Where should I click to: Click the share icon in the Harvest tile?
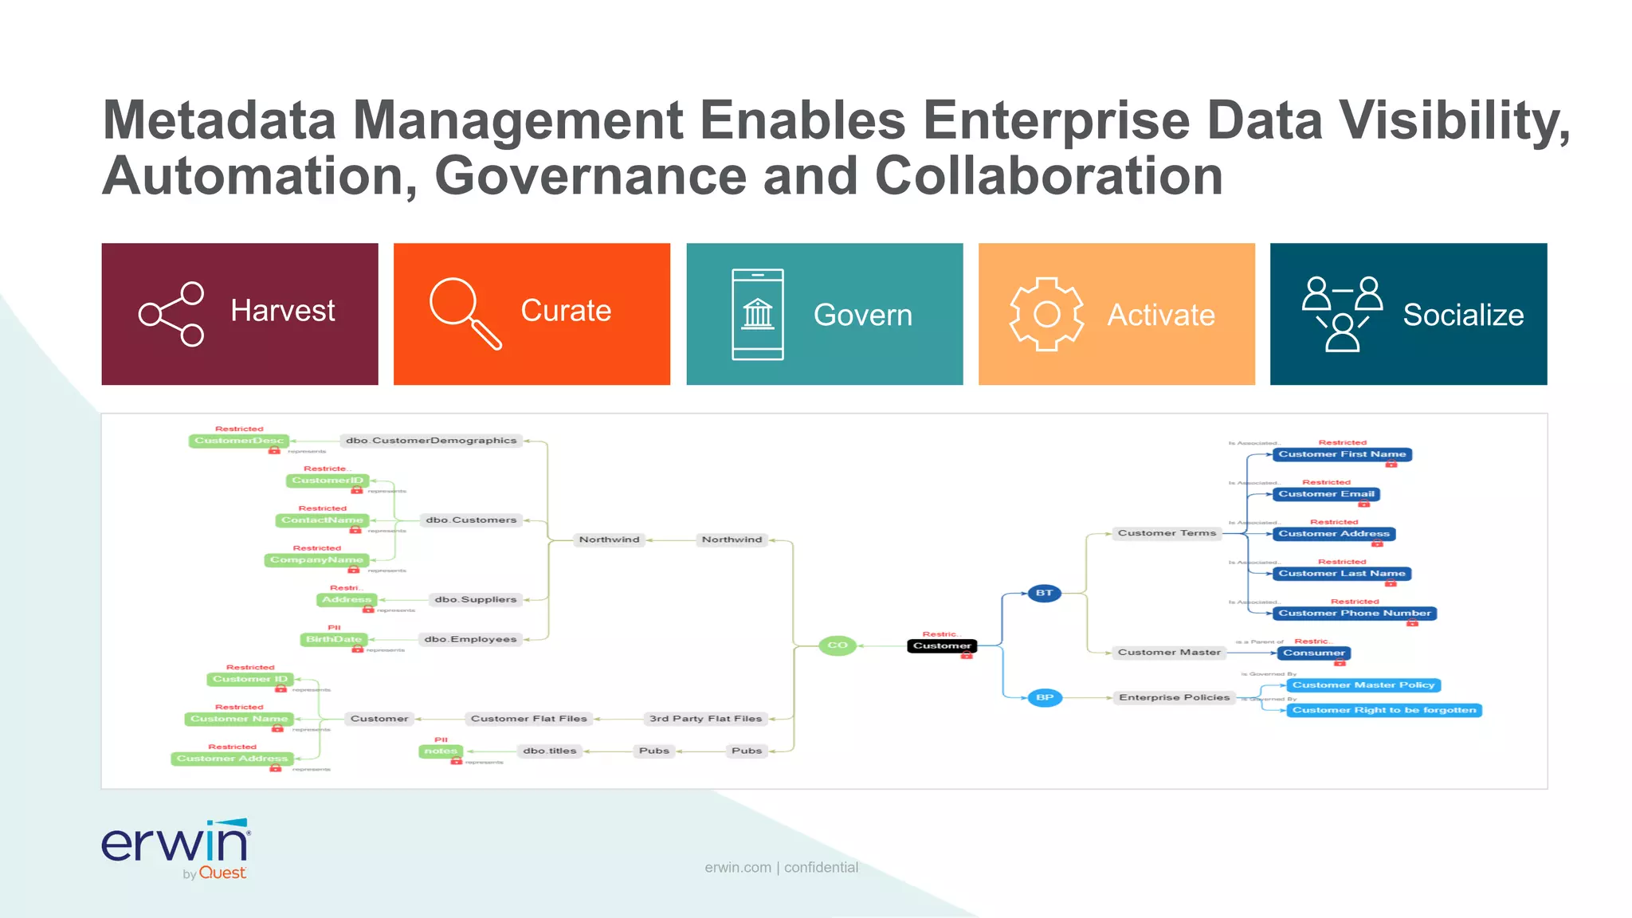pyautogui.click(x=171, y=314)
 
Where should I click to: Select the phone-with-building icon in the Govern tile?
pyautogui.click(x=758, y=315)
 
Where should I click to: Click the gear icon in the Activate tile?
pyautogui.click(x=1047, y=314)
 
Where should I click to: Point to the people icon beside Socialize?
pyautogui.click(x=1343, y=314)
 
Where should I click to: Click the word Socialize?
pyautogui.click(x=1463, y=315)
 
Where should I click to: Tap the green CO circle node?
pyautogui.click(x=838, y=645)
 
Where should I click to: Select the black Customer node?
pyautogui.click(x=942, y=645)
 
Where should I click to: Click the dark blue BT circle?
pyautogui.click(x=1044, y=593)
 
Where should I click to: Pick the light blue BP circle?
pyautogui.click(x=1044, y=697)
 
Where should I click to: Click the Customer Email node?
pyautogui.click(x=1326, y=494)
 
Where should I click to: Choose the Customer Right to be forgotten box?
pyautogui.click(x=1384, y=710)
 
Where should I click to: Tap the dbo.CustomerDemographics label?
pyautogui.click(x=431, y=441)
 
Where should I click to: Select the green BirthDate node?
pyautogui.click(x=334, y=639)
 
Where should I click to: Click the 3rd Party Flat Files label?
pyautogui.click(x=705, y=719)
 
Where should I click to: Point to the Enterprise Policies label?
pyautogui.click(x=1174, y=697)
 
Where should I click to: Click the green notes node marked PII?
pyautogui.click(x=441, y=751)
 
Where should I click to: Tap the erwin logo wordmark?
pyautogui.click(x=175, y=842)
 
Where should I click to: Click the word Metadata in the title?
pyautogui.click(x=220, y=120)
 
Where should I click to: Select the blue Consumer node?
pyautogui.click(x=1313, y=653)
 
